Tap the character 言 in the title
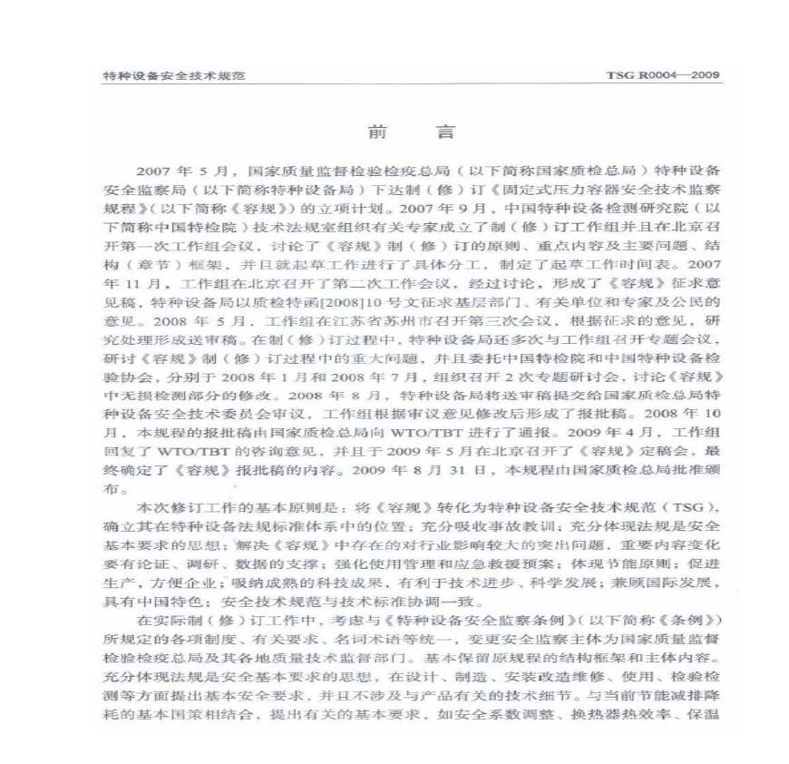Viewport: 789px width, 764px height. click(x=444, y=132)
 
